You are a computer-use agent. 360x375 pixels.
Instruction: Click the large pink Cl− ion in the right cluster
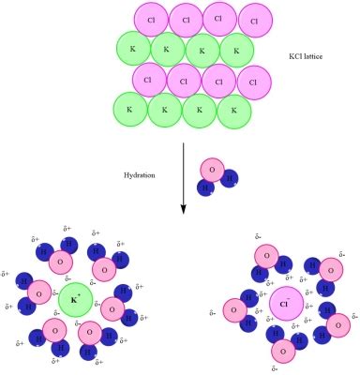286,305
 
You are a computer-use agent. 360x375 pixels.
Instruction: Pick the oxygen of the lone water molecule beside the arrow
213,171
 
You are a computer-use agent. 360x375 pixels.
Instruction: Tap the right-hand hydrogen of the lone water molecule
230,179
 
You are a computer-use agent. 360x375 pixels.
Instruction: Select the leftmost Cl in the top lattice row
152,18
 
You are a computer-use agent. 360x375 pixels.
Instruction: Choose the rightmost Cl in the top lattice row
256,19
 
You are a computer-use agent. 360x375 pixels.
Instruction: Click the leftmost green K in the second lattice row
133,48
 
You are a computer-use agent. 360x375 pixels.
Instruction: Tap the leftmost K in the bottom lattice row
131,111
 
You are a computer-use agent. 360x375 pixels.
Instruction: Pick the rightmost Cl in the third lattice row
252,81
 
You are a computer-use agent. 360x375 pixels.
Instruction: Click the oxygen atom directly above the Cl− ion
267,254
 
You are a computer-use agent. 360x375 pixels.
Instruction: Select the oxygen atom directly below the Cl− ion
282,350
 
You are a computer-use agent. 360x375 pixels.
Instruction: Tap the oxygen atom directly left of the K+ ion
38,292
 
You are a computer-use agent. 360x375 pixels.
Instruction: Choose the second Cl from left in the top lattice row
187,20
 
